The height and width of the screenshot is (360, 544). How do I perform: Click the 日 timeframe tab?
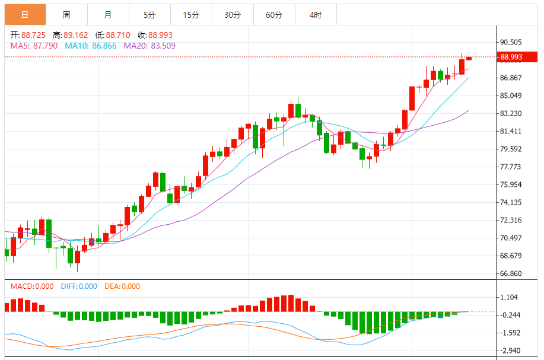point(25,15)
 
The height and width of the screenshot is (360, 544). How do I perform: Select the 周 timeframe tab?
point(66,15)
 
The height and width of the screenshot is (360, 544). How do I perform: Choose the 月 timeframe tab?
point(107,15)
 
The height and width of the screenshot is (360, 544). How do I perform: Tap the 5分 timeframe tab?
point(149,15)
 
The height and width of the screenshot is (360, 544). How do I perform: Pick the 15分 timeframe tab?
point(191,15)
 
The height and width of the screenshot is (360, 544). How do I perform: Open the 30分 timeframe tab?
point(233,15)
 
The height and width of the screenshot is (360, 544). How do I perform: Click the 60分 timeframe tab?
point(274,15)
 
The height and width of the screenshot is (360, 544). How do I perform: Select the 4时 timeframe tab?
point(316,15)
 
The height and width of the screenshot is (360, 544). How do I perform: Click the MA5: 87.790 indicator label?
point(34,45)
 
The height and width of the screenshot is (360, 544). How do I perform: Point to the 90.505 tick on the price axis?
point(511,42)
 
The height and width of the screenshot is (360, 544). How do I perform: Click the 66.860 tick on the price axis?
point(511,273)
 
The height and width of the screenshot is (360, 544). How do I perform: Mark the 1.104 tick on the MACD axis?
point(509,297)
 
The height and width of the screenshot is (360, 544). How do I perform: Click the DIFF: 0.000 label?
point(79,286)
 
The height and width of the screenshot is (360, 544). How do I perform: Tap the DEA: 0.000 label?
point(122,286)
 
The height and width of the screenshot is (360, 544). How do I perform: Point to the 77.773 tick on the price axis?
point(511,167)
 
